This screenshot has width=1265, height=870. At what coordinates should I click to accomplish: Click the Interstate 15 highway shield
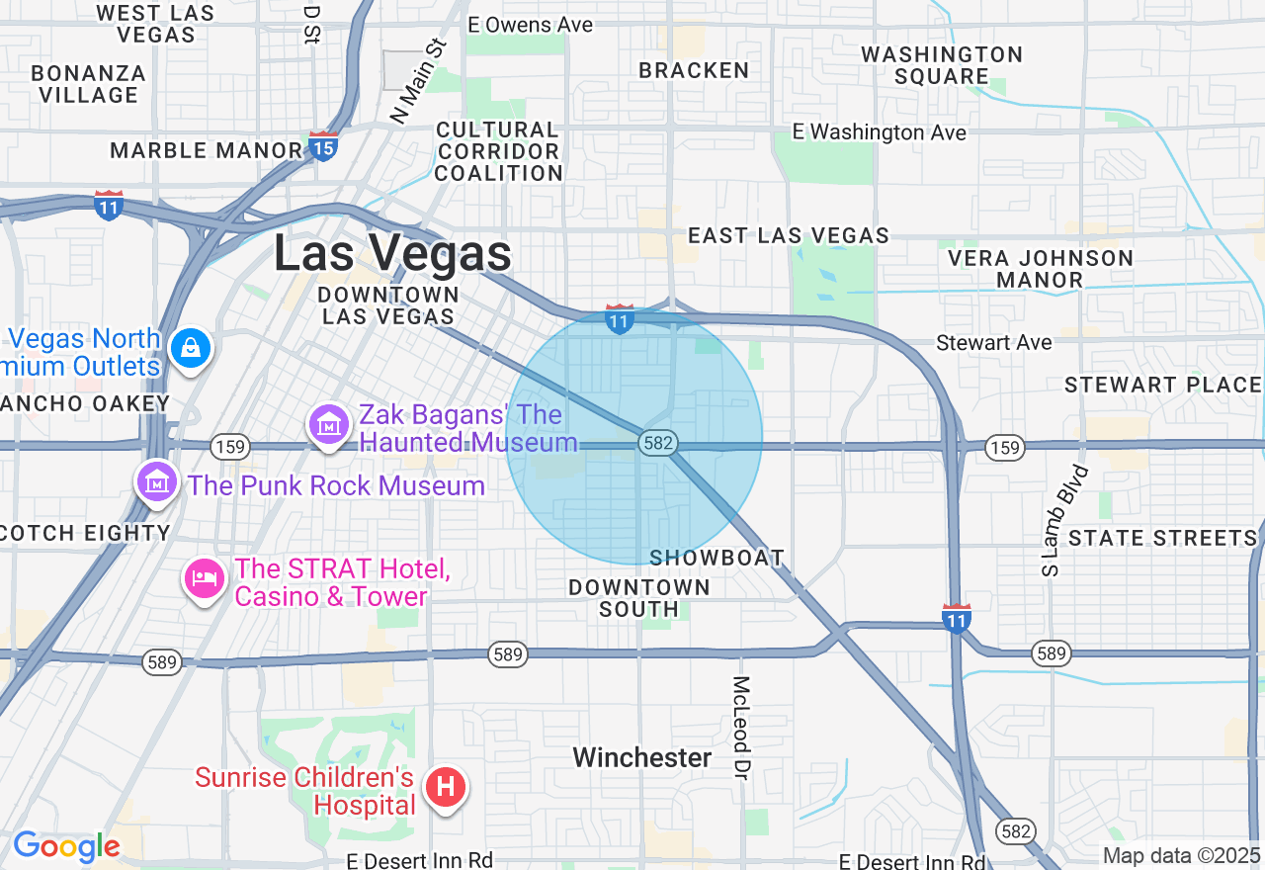(323, 146)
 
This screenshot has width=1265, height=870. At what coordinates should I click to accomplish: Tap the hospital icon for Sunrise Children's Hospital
(445, 788)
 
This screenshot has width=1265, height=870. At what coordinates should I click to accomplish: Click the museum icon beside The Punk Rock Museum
(156, 482)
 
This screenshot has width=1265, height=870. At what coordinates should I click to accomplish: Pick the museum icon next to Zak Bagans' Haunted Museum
(328, 425)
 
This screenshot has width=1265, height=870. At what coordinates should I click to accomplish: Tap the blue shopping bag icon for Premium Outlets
(190, 348)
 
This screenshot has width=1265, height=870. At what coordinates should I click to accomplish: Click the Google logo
(66, 847)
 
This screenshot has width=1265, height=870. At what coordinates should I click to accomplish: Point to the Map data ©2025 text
(1181, 855)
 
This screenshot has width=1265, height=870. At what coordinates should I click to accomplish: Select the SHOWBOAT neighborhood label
(717, 559)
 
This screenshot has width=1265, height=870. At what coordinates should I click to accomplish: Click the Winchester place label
(642, 758)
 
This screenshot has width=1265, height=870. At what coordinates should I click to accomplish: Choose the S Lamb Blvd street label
(1063, 520)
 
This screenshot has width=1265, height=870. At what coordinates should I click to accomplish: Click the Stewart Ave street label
(994, 343)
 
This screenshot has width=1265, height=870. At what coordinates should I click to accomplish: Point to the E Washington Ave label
(880, 132)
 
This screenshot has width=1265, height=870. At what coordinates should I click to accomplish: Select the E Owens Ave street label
(531, 25)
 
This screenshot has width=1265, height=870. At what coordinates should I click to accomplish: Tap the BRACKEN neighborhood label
(694, 70)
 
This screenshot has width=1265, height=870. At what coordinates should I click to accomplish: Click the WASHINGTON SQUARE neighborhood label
(941, 65)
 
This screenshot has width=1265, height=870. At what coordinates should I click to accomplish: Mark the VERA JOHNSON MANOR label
(1040, 269)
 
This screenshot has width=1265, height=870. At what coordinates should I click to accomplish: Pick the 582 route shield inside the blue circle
(657, 443)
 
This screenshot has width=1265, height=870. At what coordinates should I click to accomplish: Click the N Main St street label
(419, 81)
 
